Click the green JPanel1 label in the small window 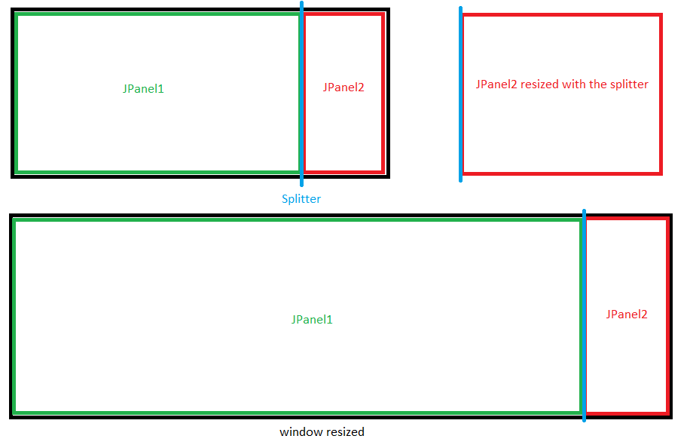point(143,89)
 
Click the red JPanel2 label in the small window point(343,87)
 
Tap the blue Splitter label point(301,199)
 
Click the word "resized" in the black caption point(344,432)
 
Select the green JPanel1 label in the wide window point(312,320)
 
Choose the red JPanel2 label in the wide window point(627,315)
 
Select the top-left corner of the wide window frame point(12,216)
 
